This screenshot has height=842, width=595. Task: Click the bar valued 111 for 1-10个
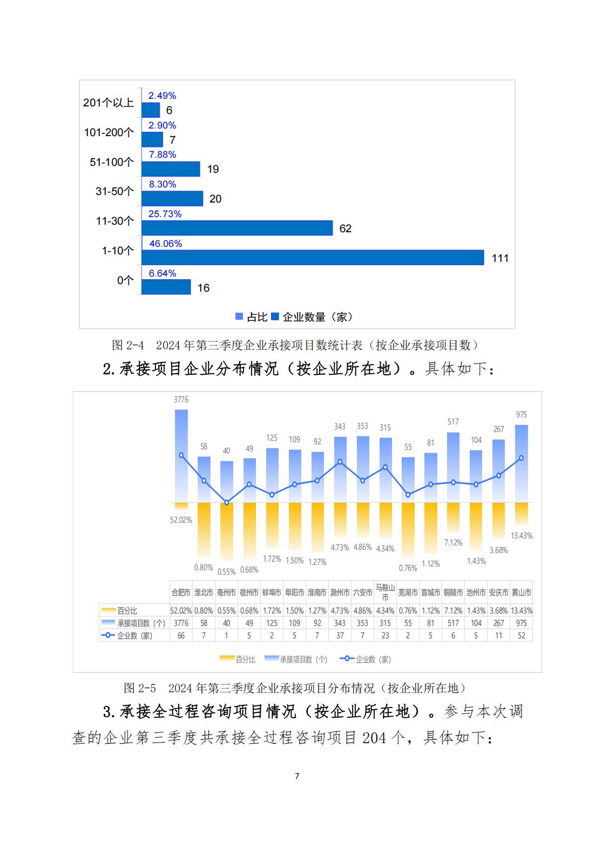click(313, 258)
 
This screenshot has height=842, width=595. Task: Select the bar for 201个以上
click(151, 110)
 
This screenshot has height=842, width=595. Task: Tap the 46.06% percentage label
click(166, 244)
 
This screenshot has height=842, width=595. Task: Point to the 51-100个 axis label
click(111, 162)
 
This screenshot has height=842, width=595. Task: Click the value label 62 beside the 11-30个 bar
click(346, 228)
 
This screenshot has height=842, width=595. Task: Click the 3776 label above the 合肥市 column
click(181, 400)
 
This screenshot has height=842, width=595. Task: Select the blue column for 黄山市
click(522, 463)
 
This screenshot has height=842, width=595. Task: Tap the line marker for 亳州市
click(227, 502)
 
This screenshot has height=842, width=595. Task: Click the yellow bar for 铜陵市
click(453, 517)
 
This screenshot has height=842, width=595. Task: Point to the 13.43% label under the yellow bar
click(522, 536)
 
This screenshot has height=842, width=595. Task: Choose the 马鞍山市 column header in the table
click(385, 592)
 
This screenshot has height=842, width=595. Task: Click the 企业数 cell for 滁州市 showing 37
click(340, 636)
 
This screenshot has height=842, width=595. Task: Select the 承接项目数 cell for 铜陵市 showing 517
click(453, 623)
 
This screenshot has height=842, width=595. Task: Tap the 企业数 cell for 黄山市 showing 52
click(522, 636)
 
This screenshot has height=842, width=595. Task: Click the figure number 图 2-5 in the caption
click(140, 688)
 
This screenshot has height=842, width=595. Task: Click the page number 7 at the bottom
click(297, 776)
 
